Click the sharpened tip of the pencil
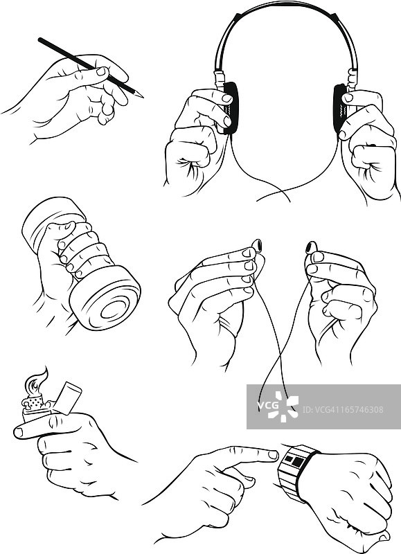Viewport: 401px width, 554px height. click(143, 96)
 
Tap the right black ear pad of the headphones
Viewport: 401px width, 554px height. click(340, 108)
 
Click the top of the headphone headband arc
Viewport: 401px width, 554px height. click(285, 4)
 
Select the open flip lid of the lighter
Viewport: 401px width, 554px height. click(67, 397)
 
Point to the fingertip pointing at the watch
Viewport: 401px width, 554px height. click(273, 455)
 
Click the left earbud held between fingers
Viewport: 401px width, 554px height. click(257, 244)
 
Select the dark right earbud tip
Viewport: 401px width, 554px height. click(310, 247)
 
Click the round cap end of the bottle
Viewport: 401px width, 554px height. click(106, 302)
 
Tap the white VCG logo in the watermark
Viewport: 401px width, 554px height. click(277, 406)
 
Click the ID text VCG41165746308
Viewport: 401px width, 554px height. click(343, 409)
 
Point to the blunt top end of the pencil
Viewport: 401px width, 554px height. click(40, 39)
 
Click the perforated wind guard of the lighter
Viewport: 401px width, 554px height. click(35, 402)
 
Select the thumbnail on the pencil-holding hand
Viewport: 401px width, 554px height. click(101, 71)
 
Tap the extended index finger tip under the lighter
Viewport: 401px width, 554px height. click(19, 431)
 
